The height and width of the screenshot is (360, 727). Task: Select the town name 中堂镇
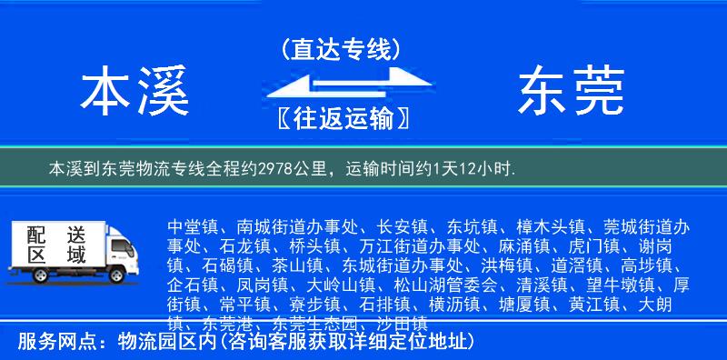193,225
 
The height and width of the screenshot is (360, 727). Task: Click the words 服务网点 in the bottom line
53,343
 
